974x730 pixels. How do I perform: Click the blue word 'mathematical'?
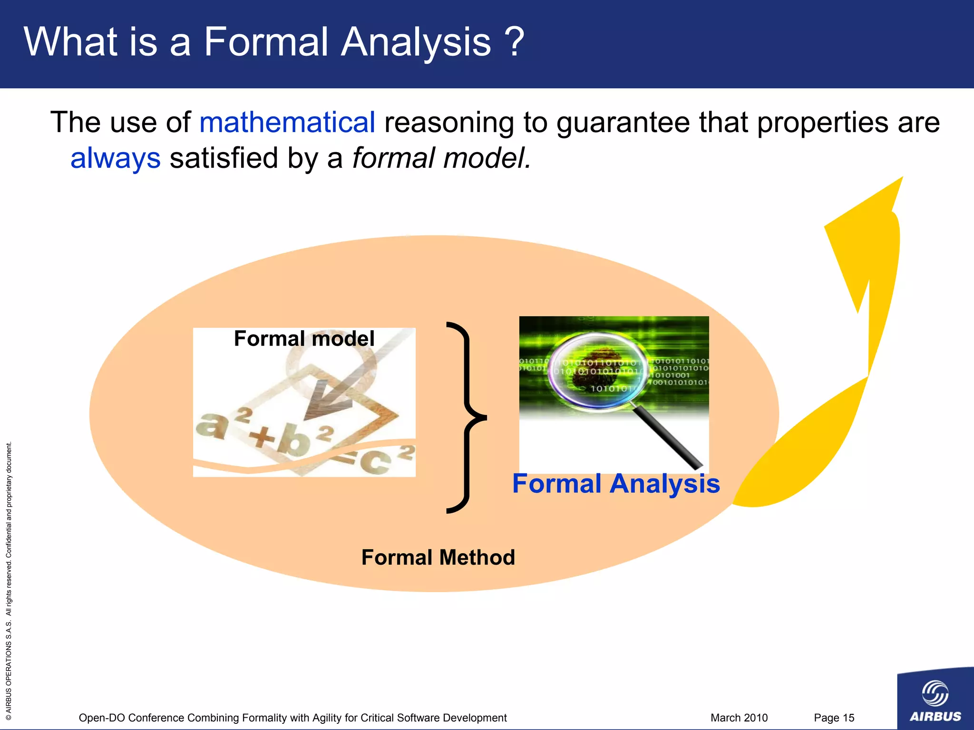click(287, 123)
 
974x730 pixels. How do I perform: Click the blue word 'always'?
click(116, 158)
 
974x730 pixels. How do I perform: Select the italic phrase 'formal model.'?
click(441, 158)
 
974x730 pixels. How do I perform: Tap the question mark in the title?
click(514, 42)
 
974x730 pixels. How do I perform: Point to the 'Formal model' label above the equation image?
click(304, 339)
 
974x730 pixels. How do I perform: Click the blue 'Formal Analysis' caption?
click(616, 484)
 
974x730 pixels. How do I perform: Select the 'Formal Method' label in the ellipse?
click(438, 557)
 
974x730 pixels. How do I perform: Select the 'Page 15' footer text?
click(834, 718)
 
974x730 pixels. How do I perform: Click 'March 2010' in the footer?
click(739, 718)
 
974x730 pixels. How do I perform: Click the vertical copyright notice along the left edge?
click(9, 580)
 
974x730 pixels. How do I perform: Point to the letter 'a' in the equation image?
click(211, 424)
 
